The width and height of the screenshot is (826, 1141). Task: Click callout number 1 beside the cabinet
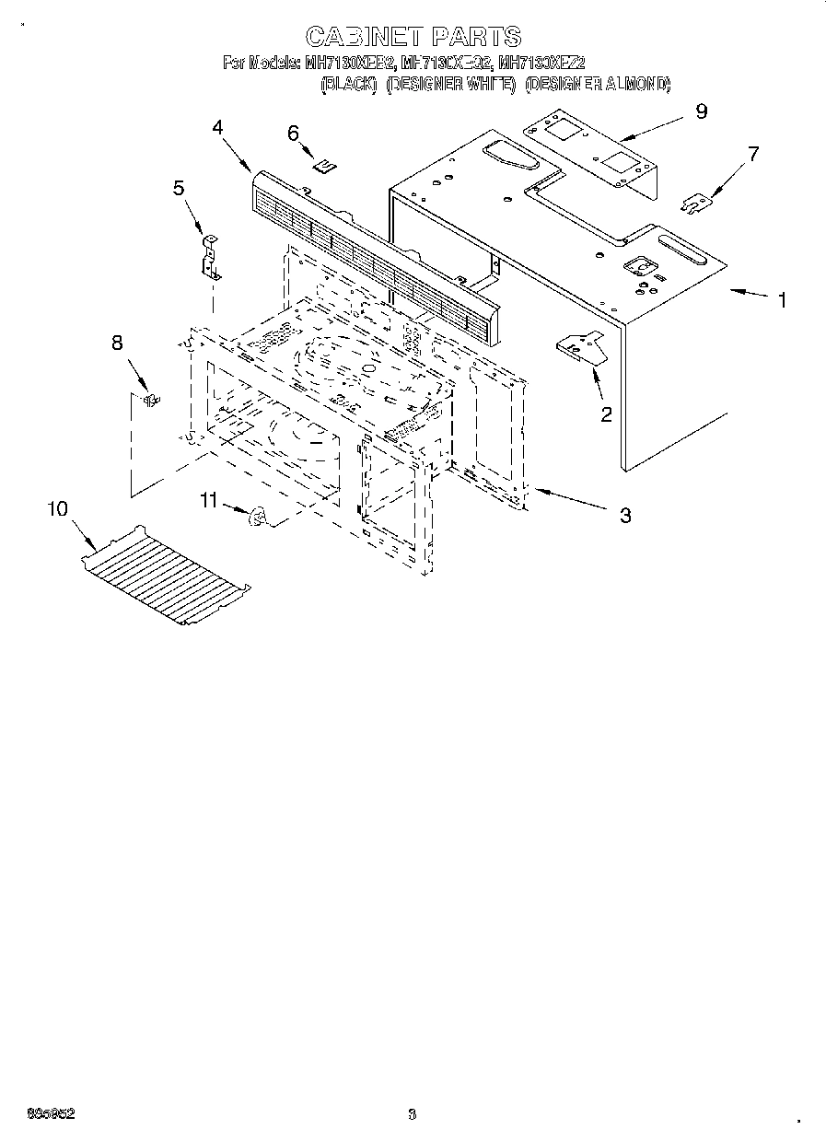click(782, 300)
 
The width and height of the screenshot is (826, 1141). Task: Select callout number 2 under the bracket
click(606, 414)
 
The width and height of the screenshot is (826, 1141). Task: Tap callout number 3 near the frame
click(625, 516)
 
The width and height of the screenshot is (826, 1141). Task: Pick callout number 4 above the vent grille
click(218, 127)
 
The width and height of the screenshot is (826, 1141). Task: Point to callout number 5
click(179, 188)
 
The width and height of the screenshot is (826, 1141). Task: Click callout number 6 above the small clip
click(294, 134)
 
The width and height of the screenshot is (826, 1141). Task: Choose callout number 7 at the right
click(753, 154)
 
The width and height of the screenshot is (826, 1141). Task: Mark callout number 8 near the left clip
click(117, 343)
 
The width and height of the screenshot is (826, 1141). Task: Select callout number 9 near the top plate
click(702, 111)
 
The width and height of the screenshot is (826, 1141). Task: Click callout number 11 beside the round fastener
click(209, 500)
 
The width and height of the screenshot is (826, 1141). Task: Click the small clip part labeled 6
click(323, 166)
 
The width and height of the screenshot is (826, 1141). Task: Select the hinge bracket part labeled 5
click(212, 257)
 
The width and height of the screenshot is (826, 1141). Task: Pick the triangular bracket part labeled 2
click(579, 347)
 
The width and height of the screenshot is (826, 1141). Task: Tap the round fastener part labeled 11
click(258, 518)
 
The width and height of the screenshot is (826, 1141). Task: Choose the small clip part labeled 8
click(151, 398)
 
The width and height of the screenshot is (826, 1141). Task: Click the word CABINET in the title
click(362, 37)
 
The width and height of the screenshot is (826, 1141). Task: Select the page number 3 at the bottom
click(412, 1115)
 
